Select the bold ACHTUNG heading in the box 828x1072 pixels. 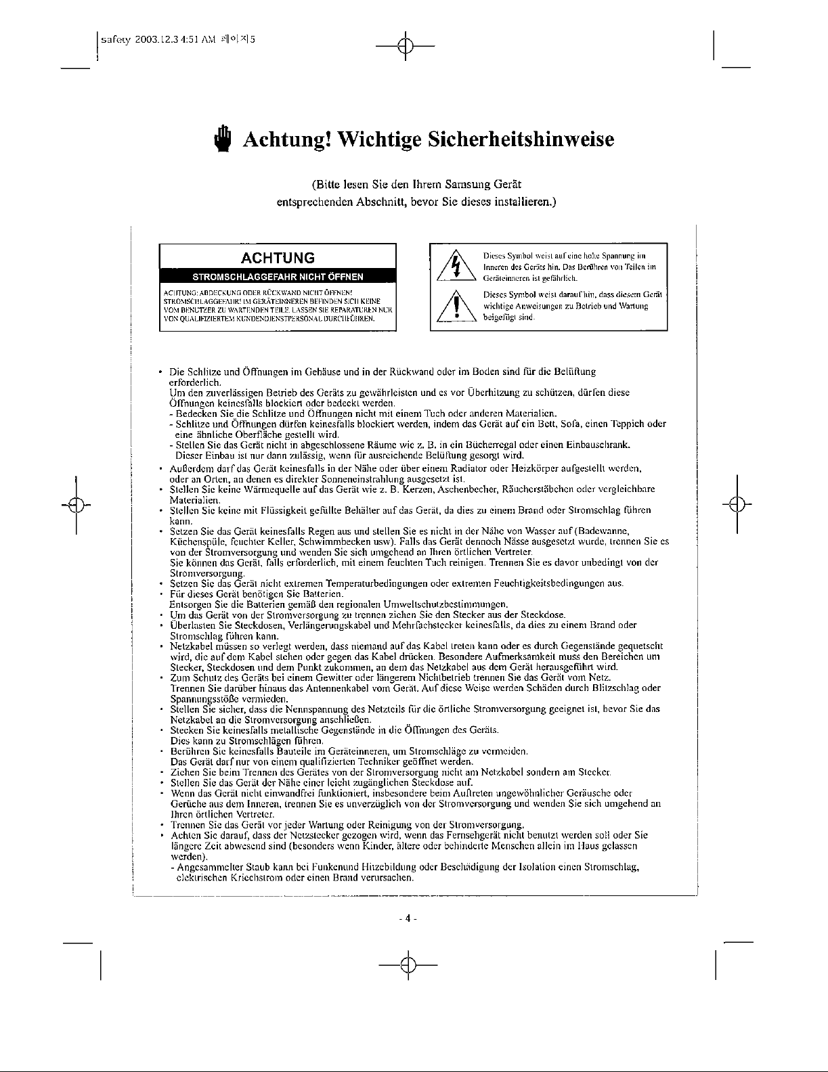[278, 258]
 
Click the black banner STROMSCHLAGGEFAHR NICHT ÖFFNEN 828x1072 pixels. [278, 277]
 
